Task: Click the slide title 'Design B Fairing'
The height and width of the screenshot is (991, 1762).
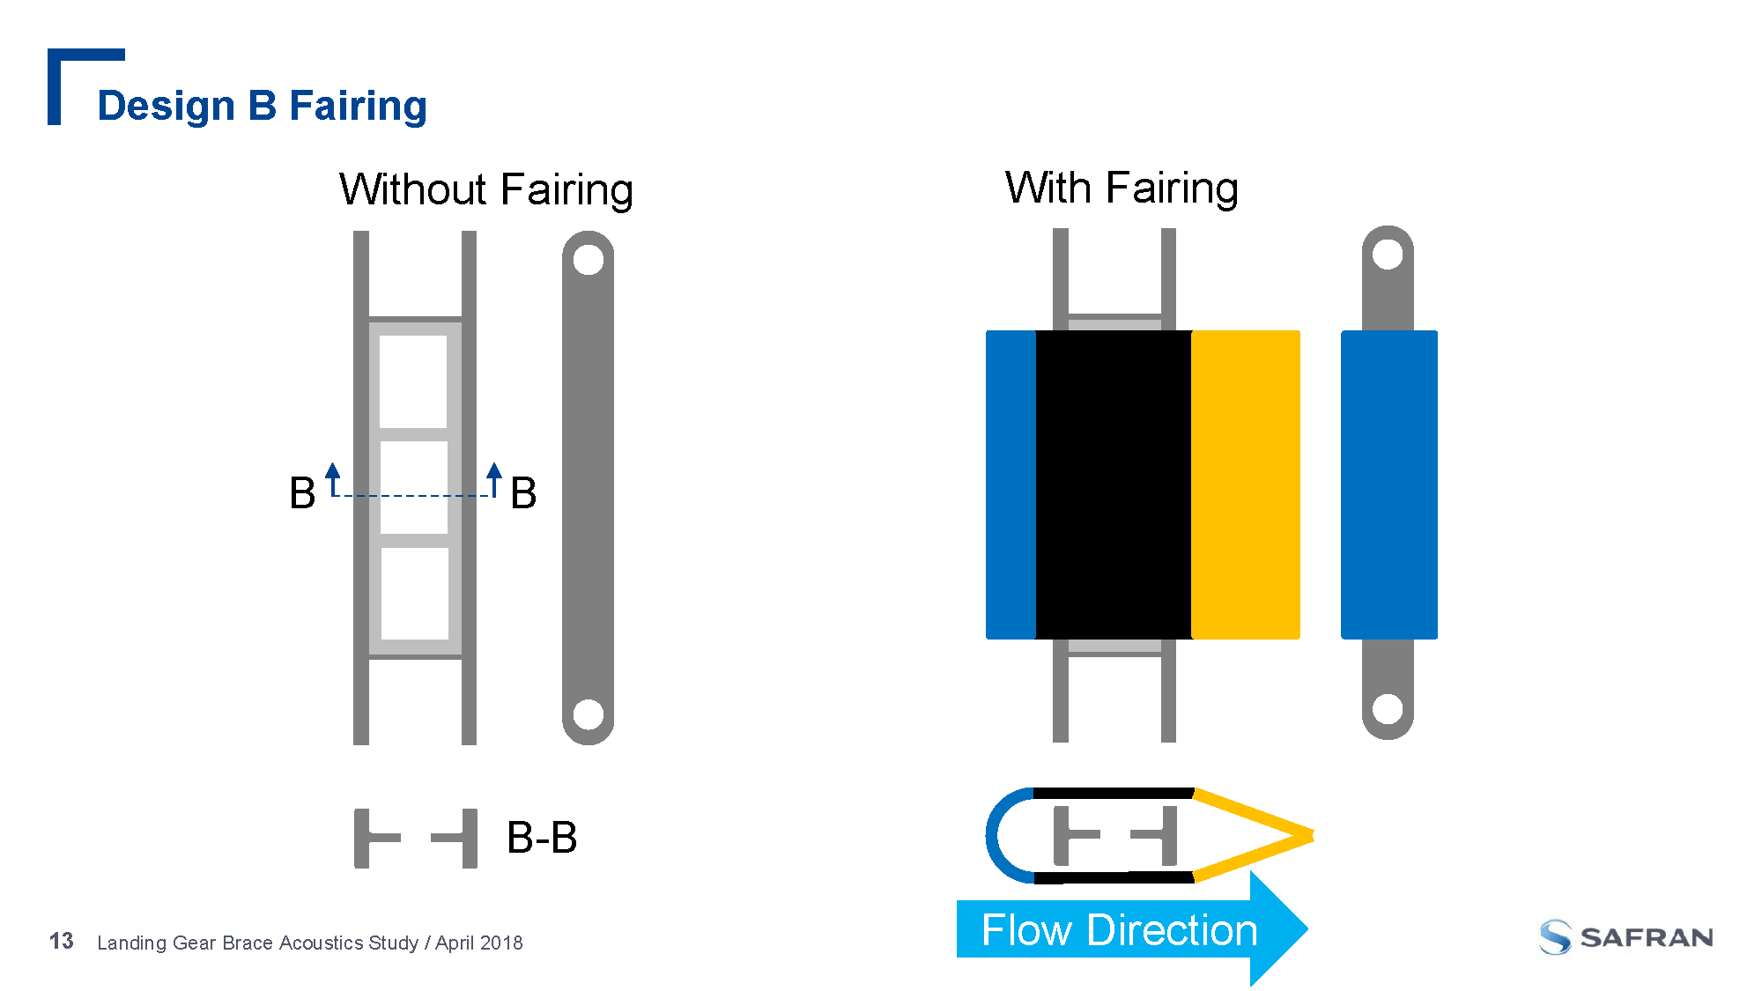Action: click(262, 106)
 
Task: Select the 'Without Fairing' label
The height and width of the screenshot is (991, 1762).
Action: click(485, 189)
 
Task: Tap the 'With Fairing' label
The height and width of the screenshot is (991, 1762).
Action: click(1121, 188)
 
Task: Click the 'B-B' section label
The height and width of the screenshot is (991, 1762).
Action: click(542, 838)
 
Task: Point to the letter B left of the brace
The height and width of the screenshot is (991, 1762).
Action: click(302, 493)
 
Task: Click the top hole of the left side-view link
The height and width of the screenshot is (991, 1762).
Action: click(588, 260)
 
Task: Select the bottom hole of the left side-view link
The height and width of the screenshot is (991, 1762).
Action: click(588, 714)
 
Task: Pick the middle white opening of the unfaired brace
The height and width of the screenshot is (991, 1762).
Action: click(414, 487)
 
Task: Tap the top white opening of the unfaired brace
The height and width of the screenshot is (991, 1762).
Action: click(413, 381)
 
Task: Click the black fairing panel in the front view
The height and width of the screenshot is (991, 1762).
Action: click(1114, 484)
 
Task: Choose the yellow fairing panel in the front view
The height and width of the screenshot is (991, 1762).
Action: click(1245, 484)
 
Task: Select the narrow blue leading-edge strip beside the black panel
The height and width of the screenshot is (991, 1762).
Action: click(1011, 484)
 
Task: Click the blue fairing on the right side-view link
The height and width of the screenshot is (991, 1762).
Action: click(1388, 484)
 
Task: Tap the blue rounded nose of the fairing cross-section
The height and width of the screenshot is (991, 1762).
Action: click(996, 835)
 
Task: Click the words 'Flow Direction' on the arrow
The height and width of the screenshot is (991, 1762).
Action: click(1119, 930)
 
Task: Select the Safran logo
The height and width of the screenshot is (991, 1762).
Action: click(1626, 937)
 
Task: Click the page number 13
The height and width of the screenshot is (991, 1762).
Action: click(62, 942)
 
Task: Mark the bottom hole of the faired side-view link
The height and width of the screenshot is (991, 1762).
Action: click(1388, 708)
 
